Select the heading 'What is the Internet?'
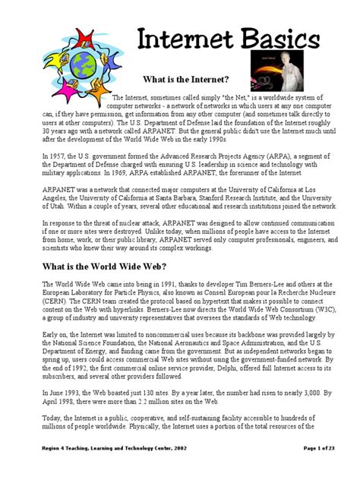tap(186, 79)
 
